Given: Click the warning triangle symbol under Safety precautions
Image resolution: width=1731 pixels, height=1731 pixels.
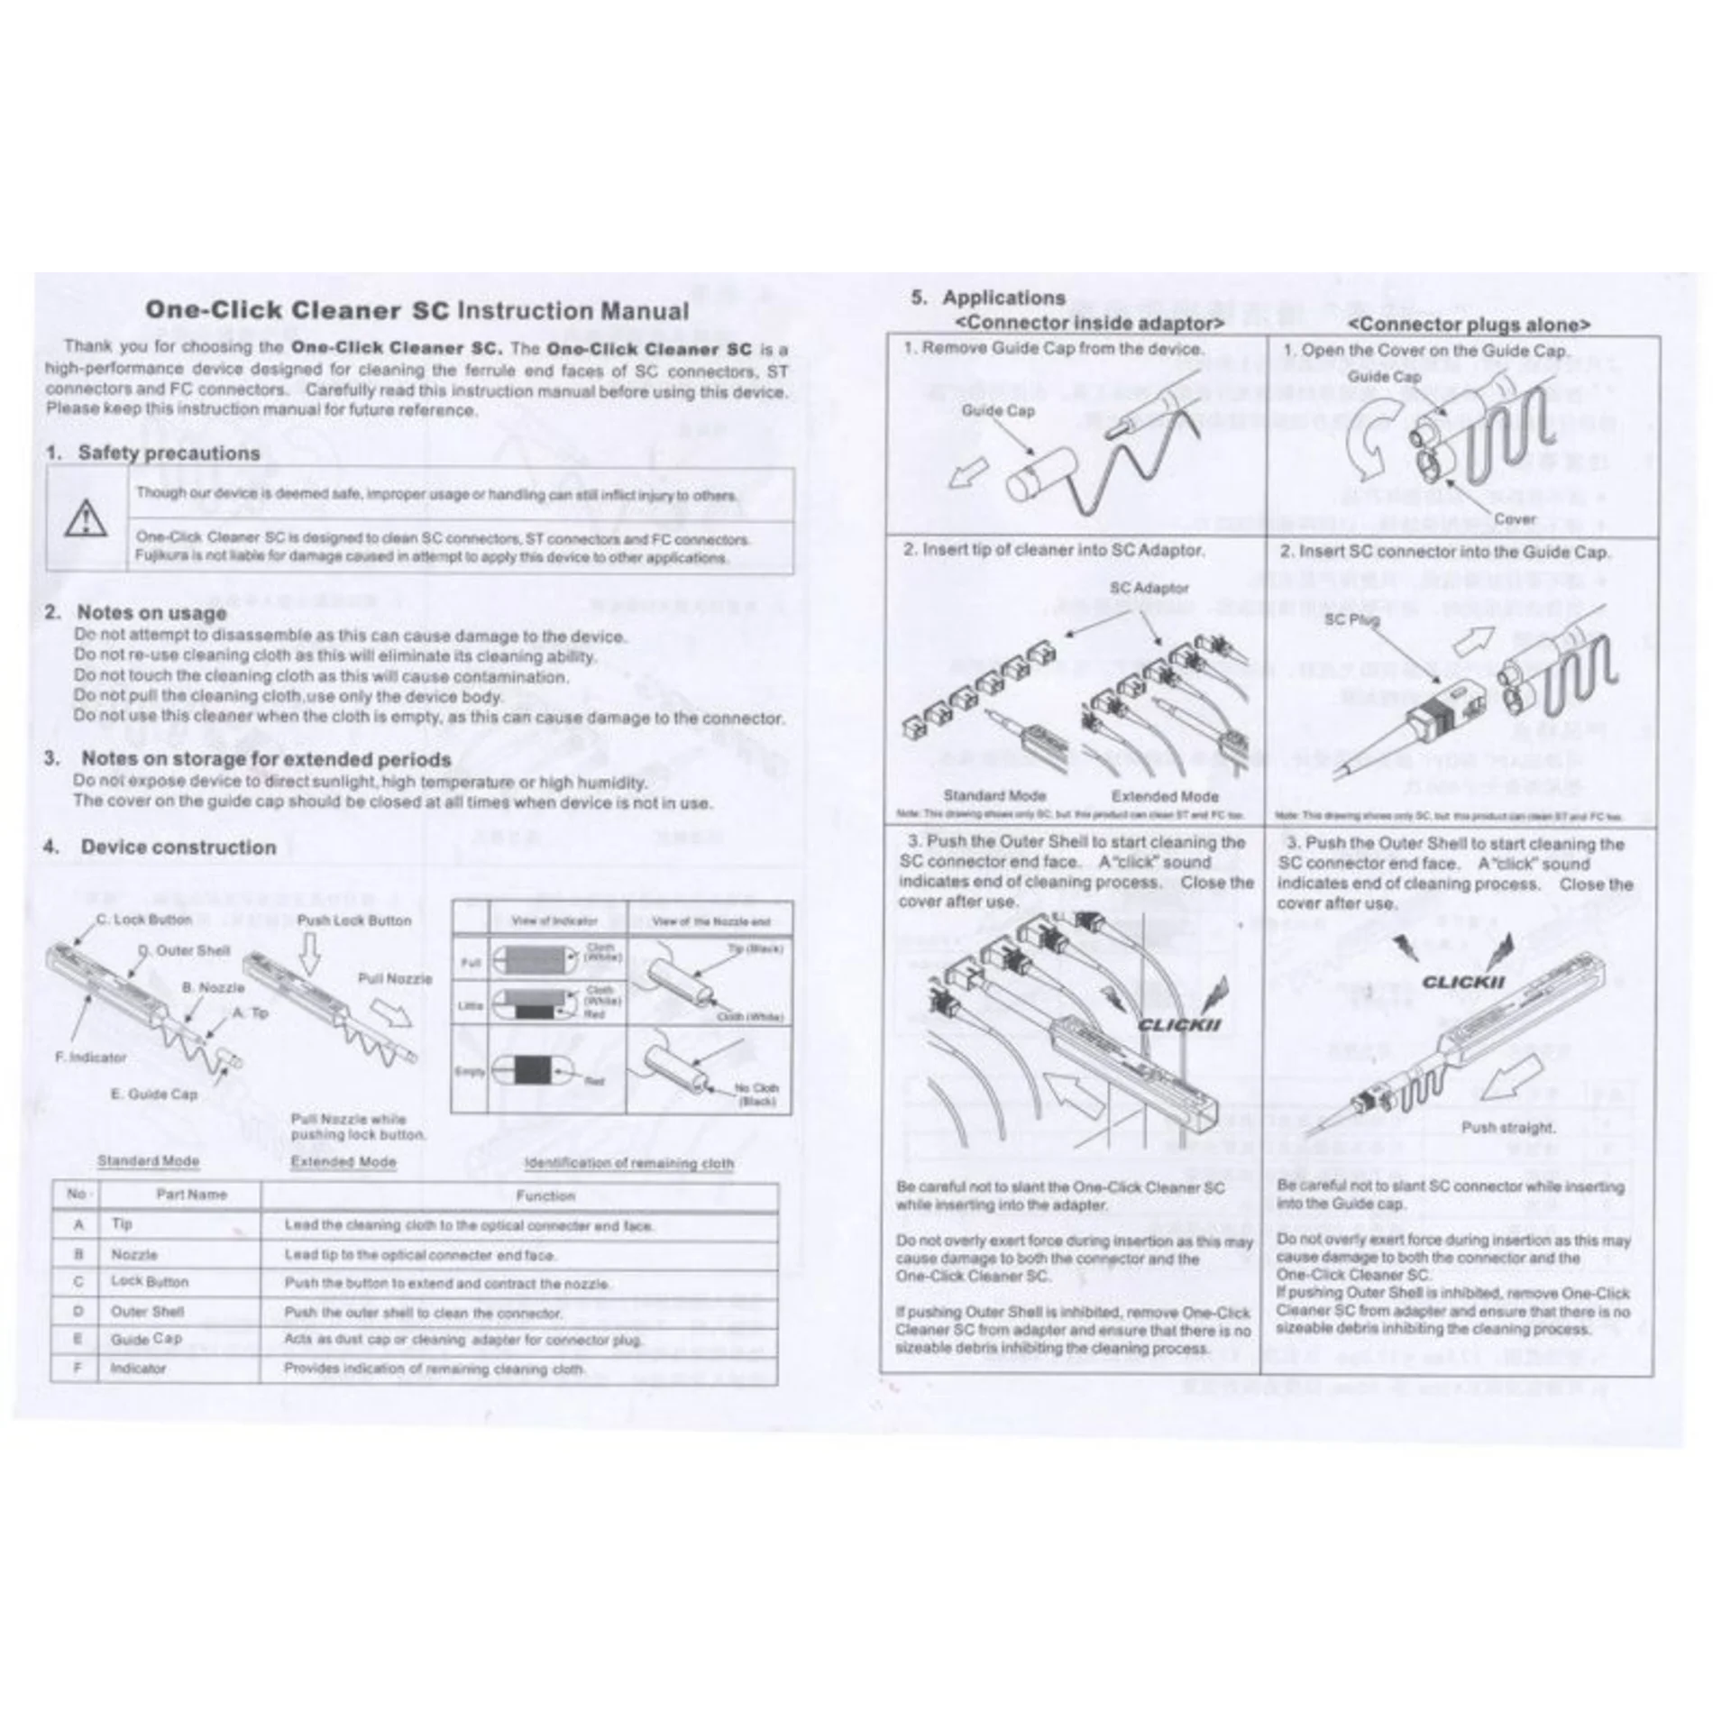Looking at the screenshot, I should tap(87, 518).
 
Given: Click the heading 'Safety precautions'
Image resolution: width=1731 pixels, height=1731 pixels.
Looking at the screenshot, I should tap(169, 453).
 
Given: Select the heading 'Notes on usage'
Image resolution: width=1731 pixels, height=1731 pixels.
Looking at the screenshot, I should tap(151, 613).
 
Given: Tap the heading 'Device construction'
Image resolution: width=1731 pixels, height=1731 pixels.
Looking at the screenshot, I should tap(178, 847).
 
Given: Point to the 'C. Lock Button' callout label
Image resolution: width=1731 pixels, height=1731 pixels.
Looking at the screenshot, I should tap(144, 920).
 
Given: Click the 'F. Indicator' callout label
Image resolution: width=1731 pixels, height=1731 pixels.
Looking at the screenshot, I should tap(91, 1057).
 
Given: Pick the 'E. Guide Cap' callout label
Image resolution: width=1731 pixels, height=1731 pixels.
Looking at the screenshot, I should tap(153, 1094).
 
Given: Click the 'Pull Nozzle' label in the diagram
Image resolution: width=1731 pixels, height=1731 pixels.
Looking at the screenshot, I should tap(395, 978).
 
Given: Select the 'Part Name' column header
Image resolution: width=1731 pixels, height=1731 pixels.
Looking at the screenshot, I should tap(191, 1195).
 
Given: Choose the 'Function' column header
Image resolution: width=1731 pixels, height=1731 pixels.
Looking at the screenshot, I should tap(545, 1195).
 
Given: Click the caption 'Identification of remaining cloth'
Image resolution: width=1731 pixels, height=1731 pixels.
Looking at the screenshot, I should tap(628, 1163).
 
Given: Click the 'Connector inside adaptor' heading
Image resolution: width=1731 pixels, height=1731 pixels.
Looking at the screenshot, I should tap(1089, 323).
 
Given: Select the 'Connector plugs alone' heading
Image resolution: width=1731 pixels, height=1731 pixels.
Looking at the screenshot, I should tap(1469, 325).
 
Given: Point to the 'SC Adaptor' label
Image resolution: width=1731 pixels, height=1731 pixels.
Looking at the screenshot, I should tap(1149, 588).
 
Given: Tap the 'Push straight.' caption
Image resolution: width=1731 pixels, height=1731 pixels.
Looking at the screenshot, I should tap(1507, 1127).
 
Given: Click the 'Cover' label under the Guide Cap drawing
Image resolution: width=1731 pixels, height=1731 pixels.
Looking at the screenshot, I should tap(1515, 518).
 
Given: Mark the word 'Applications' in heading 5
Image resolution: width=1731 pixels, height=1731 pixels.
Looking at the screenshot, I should tap(1003, 298).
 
